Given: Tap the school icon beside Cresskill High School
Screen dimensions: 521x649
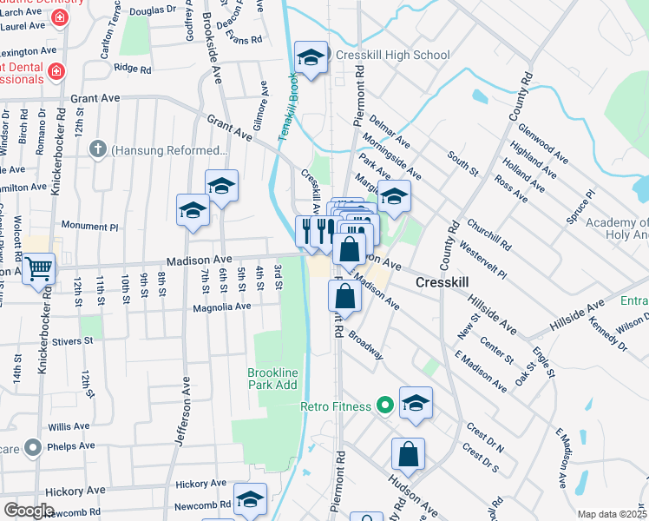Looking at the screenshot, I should [311, 58].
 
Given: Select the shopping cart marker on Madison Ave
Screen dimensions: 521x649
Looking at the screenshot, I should [38, 269].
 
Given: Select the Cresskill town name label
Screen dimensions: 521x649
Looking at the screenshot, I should [442, 282].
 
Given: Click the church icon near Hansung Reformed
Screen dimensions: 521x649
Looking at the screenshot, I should [98, 148].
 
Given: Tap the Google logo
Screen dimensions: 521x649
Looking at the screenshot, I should [29, 510].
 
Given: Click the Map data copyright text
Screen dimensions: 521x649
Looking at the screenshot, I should [612, 514].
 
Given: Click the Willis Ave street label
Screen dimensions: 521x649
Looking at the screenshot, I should [69, 427].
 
